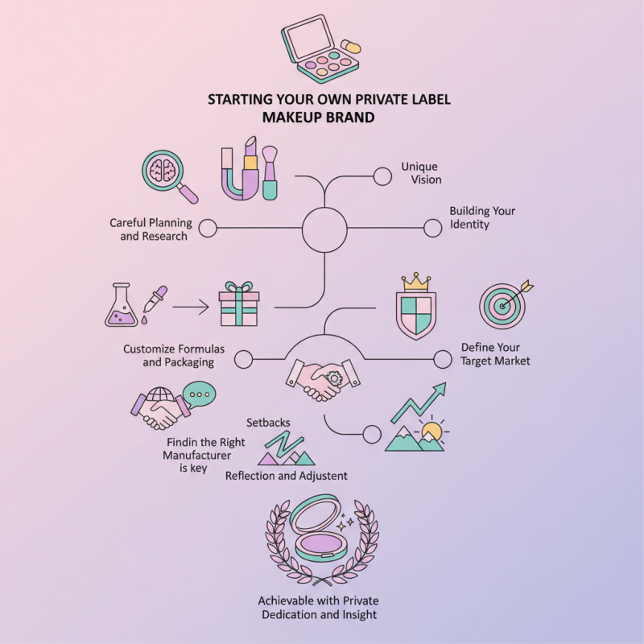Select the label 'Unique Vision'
421,173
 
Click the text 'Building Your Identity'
482,217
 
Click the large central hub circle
324,229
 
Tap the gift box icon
239,304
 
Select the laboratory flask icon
121,305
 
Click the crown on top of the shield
416,281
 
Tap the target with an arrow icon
504,303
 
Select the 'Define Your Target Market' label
496,354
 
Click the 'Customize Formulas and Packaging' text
173,356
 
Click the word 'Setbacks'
269,422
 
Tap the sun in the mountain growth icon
432,431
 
